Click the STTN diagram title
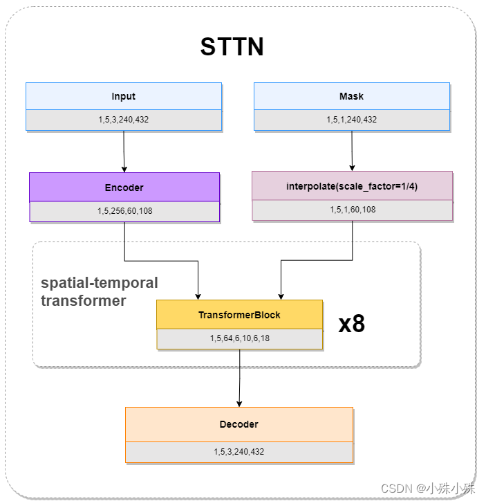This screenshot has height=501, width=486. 232,46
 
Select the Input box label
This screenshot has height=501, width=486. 124,96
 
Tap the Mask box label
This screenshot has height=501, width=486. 351,96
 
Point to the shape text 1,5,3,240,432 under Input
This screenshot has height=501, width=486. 124,120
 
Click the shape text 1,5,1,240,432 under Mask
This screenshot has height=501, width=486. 351,120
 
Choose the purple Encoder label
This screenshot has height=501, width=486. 124,188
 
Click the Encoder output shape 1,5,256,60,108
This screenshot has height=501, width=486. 124,211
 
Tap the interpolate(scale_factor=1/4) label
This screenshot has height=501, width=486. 352,186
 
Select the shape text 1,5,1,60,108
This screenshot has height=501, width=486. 353,210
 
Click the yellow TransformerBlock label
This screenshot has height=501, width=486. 239,315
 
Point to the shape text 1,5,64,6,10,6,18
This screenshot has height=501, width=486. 240,338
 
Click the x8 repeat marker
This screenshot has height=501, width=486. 352,324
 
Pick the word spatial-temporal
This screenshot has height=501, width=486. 100,283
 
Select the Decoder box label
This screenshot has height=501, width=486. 239,424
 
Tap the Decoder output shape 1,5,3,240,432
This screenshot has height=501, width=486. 239,452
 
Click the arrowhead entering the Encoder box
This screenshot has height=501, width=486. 124,170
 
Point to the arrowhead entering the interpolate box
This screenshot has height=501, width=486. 353,168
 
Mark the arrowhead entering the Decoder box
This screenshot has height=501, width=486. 239,404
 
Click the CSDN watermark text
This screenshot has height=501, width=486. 428,489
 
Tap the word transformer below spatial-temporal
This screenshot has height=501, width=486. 83,300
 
